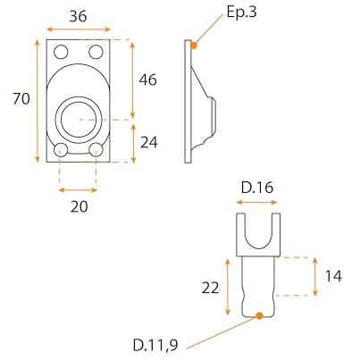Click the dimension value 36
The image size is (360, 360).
click(78, 16)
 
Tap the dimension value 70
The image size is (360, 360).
click(21, 98)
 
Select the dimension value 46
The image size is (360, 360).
click(147, 80)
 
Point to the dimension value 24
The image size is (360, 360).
click(149, 143)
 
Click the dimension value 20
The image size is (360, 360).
click(80, 206)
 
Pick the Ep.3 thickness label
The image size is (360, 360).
click(241, 13)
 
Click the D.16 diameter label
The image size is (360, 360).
click(257, 188)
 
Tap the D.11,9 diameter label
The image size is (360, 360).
click(155, 346)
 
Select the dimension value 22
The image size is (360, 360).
click(210, 288)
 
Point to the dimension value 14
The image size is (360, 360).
click(333, 276)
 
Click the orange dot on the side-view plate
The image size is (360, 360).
click(194, 46)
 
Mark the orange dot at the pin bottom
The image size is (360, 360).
click(259, 315)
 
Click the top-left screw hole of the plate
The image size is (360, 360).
click(61, 52)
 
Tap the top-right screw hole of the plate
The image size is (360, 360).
click(96, 52)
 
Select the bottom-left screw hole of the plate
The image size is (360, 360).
click(61, 150)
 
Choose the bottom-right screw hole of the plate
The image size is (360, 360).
click(96, 150)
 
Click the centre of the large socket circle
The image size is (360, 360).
click(79, 119)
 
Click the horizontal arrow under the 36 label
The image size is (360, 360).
click(79, 29)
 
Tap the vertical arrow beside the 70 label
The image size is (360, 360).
click(38, 101)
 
